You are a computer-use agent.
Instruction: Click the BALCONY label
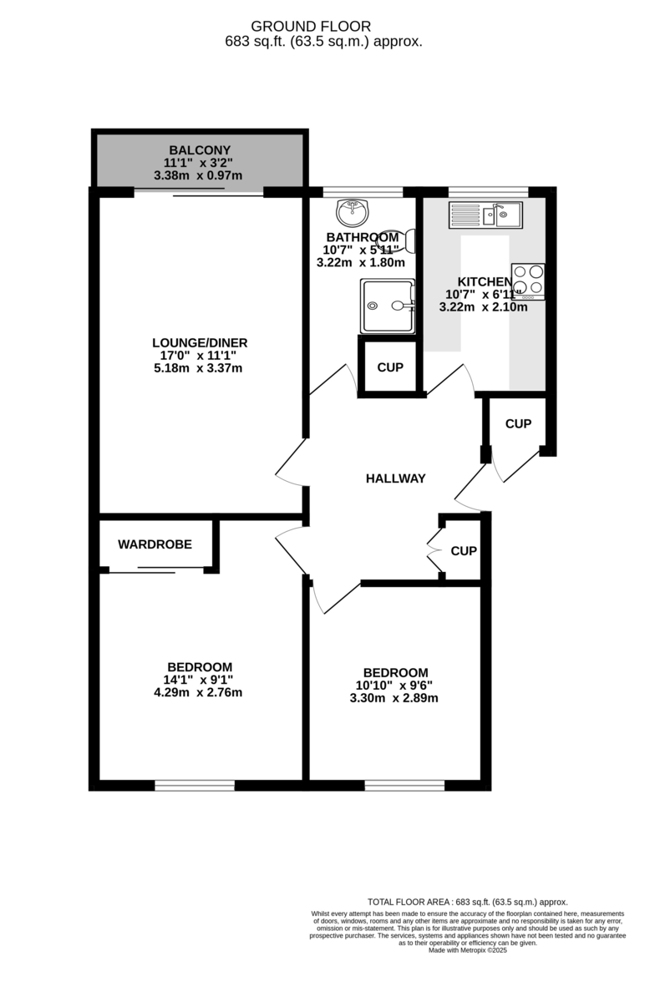point(199,150)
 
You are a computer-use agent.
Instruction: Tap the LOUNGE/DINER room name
point(199,342)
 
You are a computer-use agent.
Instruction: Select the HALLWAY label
point(395,478)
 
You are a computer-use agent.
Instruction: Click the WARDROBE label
point(155,544)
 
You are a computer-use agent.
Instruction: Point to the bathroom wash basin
point(354,211)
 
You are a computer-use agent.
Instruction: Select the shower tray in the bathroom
point(387,306)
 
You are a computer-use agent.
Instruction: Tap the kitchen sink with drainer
point(485,215)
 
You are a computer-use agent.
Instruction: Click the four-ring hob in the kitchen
point(528,281)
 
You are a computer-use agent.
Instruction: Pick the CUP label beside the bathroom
point(390,367)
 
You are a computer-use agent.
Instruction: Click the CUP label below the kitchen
point(518,424)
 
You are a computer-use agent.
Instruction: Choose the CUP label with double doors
point(464,551)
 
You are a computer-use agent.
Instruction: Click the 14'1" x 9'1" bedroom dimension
point(199,680)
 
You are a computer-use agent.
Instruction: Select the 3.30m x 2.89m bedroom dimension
point(395,698)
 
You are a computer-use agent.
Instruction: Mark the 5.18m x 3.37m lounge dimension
point(199,368)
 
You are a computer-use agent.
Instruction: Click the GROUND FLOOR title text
point(322,27)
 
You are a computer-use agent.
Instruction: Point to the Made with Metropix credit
point(468,950)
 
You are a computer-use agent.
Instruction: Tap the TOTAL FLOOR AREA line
point(468,902)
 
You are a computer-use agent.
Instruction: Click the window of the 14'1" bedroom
point(195,785)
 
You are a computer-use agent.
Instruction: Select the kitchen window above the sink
point(488,191)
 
